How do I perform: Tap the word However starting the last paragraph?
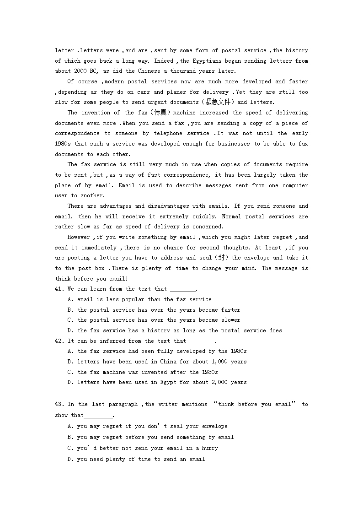point(79,237)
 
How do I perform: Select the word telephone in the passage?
point(167,134)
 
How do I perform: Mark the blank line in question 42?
point(202,342)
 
